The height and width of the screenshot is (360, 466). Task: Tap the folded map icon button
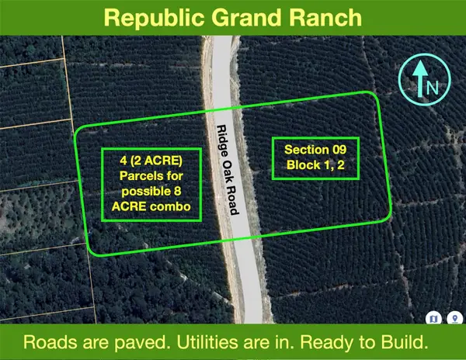coord(434,317)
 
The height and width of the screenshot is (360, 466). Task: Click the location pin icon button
coord(453,317)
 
